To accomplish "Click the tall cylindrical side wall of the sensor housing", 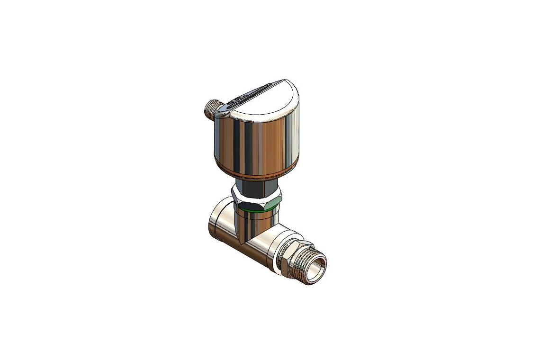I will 256,142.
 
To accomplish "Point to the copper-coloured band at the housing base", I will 256,171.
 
